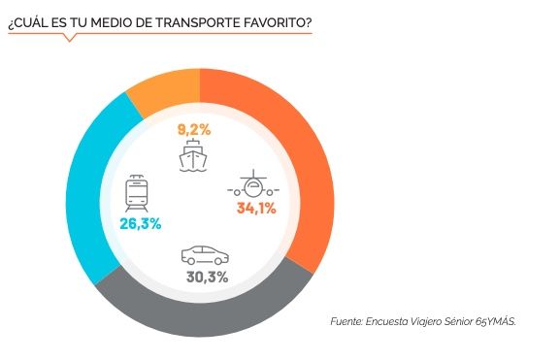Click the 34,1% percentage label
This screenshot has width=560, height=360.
tap(256, 207)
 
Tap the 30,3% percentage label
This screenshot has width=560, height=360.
tap(206, 277)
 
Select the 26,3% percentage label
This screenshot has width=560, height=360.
tap(142, 223)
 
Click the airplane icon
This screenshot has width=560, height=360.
tap(255, 183)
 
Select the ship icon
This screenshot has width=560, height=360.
tap(195, 154)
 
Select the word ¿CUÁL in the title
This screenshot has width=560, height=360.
tap(27, 19)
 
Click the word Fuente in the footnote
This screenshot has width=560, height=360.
tap(346, 321)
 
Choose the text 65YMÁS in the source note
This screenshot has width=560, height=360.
tap(494, 321)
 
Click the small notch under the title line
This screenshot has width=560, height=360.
tap(68, 38)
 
